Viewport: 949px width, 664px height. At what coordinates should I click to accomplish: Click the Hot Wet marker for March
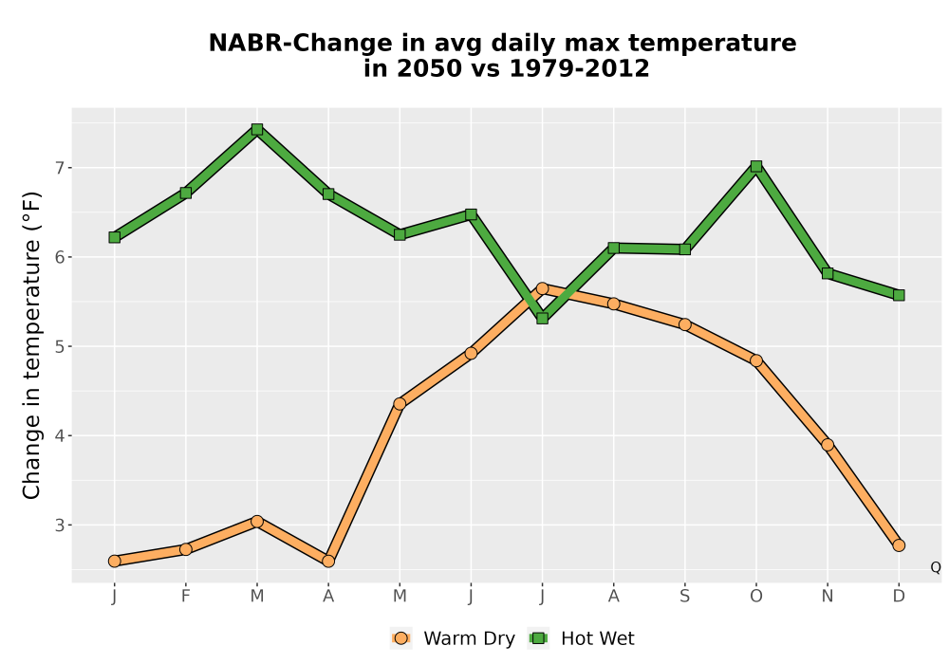coord(257,129)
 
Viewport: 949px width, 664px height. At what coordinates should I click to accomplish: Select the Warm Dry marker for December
coord(899,545)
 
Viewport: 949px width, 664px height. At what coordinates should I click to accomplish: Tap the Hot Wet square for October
coord(756,166)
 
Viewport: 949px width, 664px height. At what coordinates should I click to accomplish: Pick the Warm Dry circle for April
coord(328,562)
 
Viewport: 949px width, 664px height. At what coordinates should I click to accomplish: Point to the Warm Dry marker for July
coord(542,288)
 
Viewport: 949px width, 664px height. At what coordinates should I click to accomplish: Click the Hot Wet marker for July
coord(542,318)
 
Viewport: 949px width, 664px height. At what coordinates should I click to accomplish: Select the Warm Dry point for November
coord(828,445)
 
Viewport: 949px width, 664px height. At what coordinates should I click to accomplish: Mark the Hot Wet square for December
coord(899,295)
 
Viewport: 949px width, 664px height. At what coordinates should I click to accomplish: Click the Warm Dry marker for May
coord(400,404)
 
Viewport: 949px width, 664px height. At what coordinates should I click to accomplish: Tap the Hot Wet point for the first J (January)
coord(115,237)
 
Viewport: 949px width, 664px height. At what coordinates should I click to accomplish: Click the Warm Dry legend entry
coord(453,638)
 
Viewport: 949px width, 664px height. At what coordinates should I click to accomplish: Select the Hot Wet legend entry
coord(582,638)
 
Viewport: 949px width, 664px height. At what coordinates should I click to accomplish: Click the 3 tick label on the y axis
coord(59,525)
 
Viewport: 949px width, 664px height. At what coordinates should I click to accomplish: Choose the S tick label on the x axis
coord(684,597)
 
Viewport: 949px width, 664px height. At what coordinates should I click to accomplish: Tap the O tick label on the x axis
coord(756,597)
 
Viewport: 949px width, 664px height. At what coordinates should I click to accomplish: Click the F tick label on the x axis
coord(186,597)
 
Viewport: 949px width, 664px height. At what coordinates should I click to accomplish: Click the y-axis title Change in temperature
coord(31,345)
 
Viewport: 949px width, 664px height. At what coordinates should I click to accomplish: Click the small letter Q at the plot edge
coord(936,567)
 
